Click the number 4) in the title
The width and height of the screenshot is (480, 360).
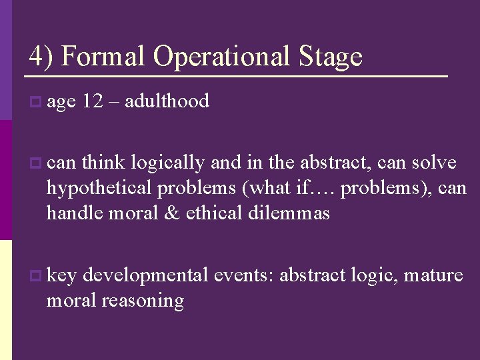(41, 56)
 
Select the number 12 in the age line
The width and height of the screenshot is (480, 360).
(92, 101)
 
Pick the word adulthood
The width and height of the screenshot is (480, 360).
(167, 101)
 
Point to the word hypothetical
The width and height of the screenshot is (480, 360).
(99, 189)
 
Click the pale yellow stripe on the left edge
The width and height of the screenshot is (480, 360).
(5, 299)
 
